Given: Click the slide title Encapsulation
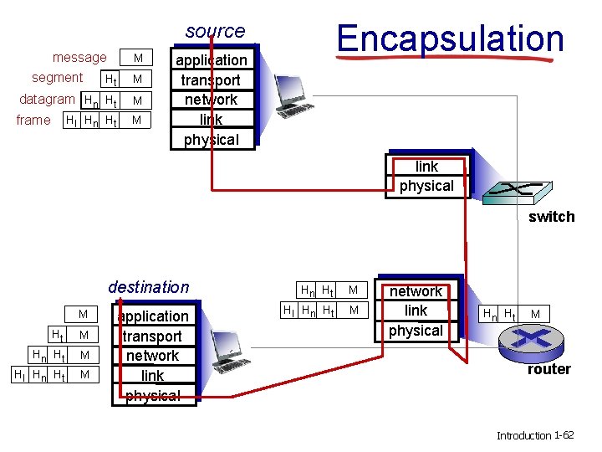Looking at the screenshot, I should pos(450,39).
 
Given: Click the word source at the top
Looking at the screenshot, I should pos(215,31).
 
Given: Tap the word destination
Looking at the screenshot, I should pos(149,287).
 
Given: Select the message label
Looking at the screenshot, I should pos(79,58).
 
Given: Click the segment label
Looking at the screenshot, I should pos(57,78).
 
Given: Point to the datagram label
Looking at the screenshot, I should pos(47,99).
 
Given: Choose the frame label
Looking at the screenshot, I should pos(33,120).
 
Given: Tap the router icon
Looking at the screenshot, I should pos(533,340).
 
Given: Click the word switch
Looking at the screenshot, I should pos(551,217).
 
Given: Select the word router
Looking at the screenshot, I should pos(548,369).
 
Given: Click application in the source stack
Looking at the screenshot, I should pos(211,60).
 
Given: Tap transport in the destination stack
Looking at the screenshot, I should pos(153,336).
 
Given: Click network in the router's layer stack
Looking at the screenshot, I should pos(416,291).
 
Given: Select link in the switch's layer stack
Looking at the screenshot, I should pos(426,166).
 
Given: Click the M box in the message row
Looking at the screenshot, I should pos(139,59).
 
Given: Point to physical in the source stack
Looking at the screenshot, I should pos(211,139).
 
